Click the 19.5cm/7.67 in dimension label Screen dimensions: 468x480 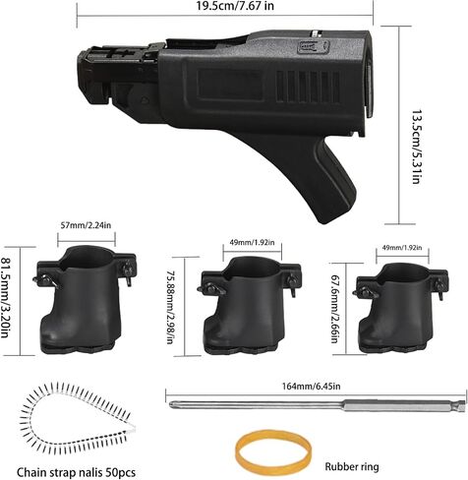point(235,6)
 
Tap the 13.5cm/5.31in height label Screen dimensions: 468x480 point(416,147)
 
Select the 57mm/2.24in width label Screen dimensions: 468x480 point(86,225)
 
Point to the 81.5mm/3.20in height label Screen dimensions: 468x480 point(6,297)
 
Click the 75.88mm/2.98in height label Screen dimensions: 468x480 point(170,306)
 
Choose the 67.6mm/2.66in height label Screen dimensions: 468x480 point(334,309)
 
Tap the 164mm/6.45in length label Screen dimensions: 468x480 point(312,386)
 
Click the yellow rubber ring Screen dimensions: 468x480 point(273,450)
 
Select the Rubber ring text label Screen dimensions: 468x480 point(352,466)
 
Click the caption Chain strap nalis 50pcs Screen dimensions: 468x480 point(76,472)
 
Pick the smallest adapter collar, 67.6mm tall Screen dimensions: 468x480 point(400,307)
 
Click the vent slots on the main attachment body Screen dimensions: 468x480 point(308,87)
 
